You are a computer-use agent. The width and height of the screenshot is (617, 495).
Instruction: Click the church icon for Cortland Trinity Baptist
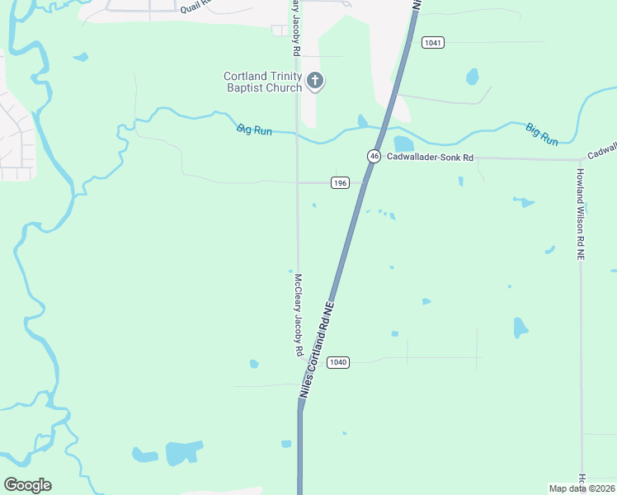(314, 81)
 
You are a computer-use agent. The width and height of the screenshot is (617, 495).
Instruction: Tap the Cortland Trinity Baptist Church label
(263, 82)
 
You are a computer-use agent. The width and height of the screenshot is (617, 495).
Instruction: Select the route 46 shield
(374, 156)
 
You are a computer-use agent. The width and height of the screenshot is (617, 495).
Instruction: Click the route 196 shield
(339, 182)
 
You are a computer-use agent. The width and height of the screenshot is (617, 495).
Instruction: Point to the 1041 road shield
(432, 42)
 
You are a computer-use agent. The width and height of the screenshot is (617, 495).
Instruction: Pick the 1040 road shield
(338, 362)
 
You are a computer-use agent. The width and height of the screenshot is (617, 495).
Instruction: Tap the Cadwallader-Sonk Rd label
(432, 158)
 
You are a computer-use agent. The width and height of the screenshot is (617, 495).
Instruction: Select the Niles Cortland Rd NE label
(318, 351)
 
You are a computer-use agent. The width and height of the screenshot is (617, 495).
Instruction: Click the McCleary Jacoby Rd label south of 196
(298, 315)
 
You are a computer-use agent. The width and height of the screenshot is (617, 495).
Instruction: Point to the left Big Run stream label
(254, 130)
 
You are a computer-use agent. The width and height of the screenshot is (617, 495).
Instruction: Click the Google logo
(27, 485)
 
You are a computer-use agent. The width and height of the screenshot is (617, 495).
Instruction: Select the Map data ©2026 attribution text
(582, 488)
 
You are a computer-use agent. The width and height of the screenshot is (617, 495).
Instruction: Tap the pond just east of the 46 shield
(403, 144)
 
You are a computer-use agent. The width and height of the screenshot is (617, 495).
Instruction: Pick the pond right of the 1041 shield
(472, 77)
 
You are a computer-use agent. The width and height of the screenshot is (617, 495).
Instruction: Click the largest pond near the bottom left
(183, 452)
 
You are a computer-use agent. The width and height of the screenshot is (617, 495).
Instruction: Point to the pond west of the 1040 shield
(254, 363)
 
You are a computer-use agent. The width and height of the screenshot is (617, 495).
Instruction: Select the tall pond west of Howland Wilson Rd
(520, 328)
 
